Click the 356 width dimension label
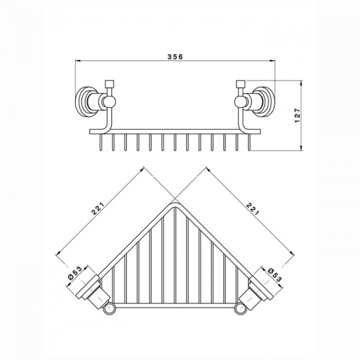175,57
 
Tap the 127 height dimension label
298,115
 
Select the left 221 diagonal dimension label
98,208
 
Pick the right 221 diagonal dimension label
252,208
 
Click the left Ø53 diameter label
75,272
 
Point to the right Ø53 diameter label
274,275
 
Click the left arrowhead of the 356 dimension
77,61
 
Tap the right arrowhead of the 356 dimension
272,61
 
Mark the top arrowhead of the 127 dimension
301,83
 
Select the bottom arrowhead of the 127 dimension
301,148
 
